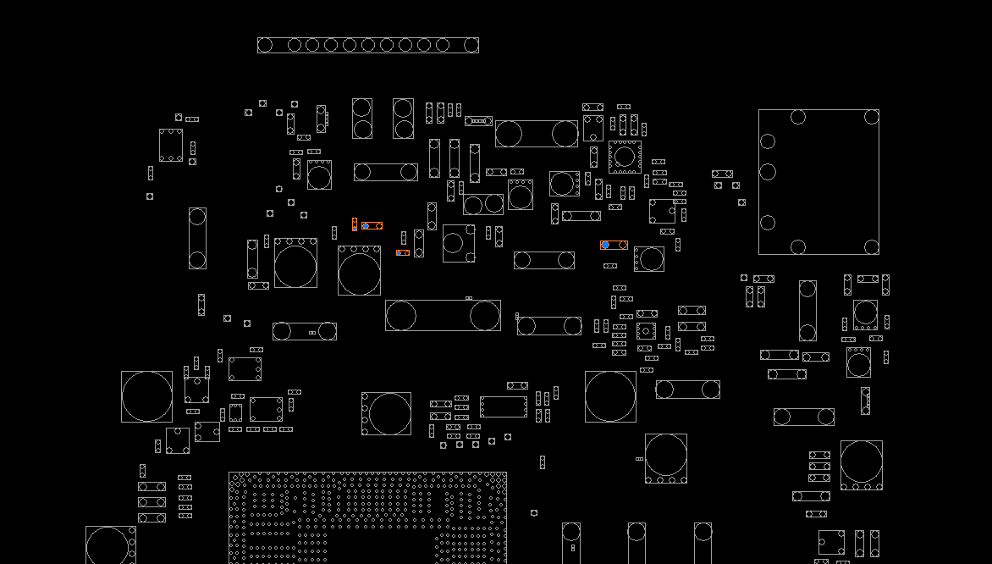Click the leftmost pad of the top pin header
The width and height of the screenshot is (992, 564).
coord(265,45)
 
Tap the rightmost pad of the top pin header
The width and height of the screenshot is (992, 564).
coord(471,45)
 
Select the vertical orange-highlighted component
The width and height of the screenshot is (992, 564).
coord(355,224)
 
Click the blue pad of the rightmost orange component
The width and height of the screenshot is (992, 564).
coord(605,245)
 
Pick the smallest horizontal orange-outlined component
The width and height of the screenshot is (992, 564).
coord(403,252)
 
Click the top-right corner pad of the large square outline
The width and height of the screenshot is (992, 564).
coord(871,117)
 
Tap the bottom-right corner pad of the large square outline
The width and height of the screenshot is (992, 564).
coord(871,246)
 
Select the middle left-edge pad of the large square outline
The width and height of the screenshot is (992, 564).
coord(768,172)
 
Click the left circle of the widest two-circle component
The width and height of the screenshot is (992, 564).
coord(401,316)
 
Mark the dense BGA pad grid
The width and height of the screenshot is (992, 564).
coord(367,517)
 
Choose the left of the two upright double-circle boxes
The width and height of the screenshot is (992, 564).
coord(362,119)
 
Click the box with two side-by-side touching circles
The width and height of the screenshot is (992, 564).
coord(482,204)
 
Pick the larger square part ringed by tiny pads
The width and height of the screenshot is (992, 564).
coord(625,157)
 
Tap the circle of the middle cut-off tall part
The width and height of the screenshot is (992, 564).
coord(637,532)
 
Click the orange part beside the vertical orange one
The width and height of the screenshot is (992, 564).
coord(372,225)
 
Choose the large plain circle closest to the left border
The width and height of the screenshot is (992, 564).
coord(146,396)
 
